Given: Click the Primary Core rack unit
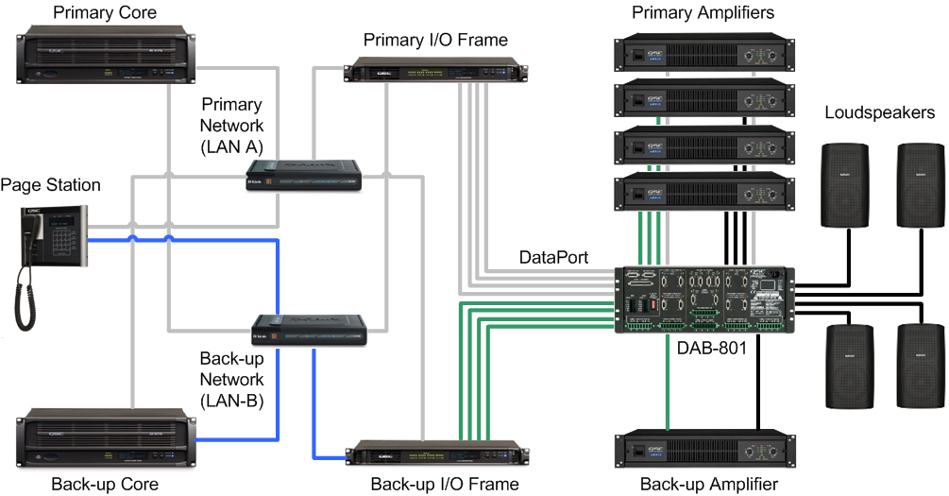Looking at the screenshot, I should (109, 56).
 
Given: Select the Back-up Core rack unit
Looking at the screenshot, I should (109, 438).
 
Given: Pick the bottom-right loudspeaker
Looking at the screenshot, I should (921, 365).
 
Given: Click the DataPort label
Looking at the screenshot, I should (553, 257).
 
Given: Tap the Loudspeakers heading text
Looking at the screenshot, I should (879, 113).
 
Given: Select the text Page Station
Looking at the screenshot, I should (50, 184).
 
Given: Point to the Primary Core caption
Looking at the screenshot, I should (105, 12).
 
